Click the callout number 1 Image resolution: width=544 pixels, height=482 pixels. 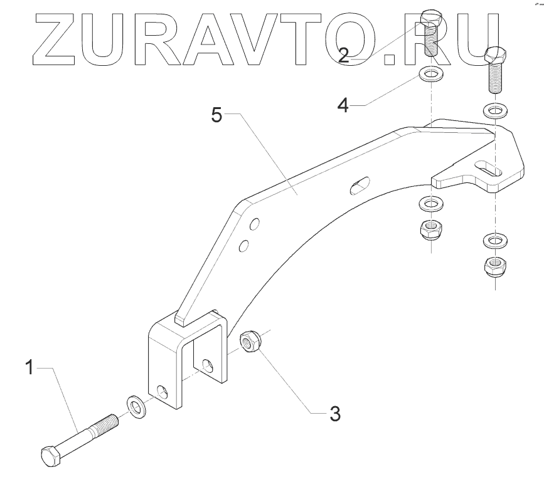click(x=28, y=367)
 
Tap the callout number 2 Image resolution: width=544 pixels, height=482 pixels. click(x=344, y=55)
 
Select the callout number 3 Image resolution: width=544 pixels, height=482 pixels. click(x=335, y=414)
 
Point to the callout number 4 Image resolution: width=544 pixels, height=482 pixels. click(x=343, y=104)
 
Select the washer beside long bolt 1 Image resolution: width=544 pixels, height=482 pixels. click(x=135, y=406)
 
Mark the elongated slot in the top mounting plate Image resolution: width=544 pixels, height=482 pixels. click(x=493, y=168)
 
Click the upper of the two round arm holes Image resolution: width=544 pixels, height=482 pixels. click(x=254, y=224)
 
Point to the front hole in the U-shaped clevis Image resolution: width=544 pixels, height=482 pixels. click(x=163, y=394)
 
